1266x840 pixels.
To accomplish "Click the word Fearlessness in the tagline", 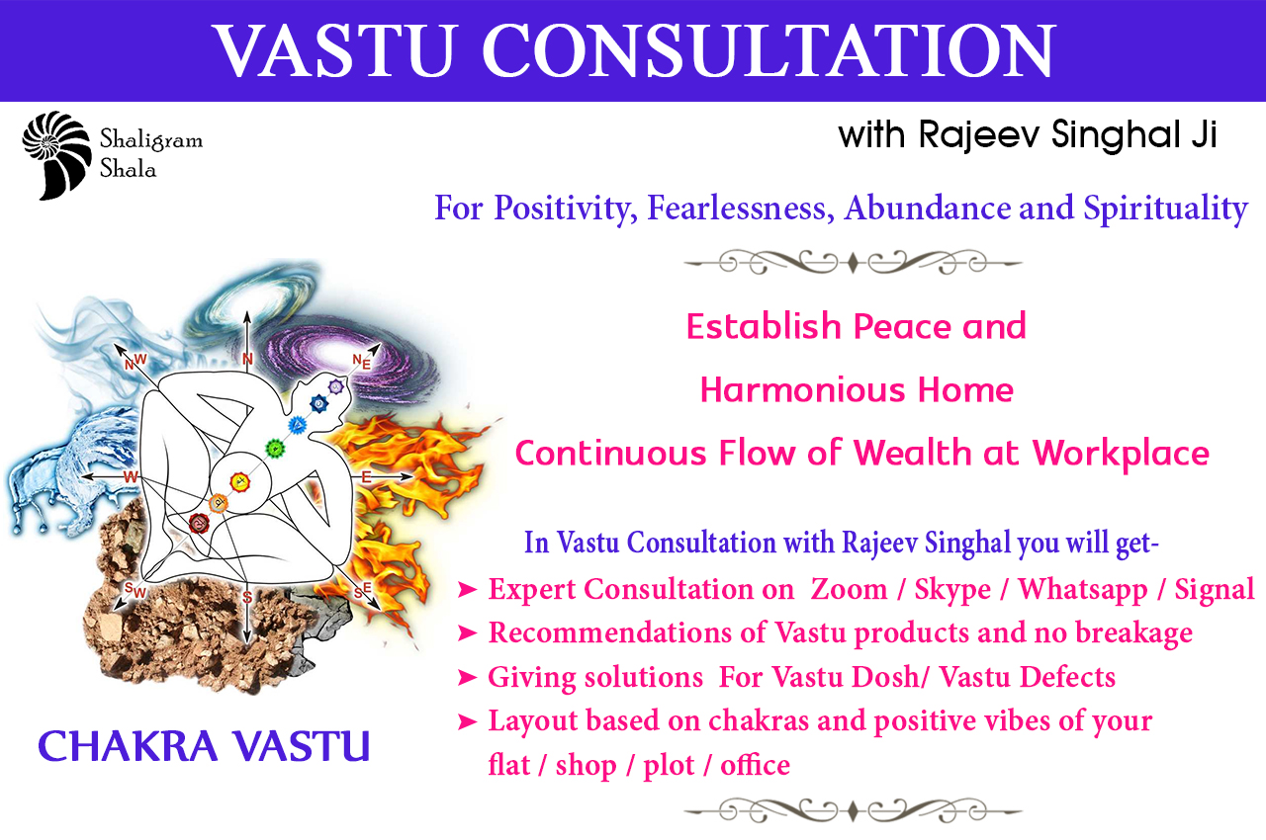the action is pyautogui.click(x=741, y=209).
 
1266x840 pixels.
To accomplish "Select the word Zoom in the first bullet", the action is pyautogui.click(x=849, y=589).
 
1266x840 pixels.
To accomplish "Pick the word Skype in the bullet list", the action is pyautogui.click(x=952, y=591).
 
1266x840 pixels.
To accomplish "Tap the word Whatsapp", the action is pyautogui.click(x=1083, y=591).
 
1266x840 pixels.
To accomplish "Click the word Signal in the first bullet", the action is pyautogui.click(x=1215, y=591).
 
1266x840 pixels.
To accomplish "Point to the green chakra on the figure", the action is pyautogui.click(x=275, y=449).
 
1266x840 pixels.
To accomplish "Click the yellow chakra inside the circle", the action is pyautogui.click(x=240, y=481).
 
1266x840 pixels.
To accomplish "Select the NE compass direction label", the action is pyautogui.click(x=362, y=362).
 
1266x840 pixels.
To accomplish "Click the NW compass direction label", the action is pyautogui.click(x=136, y=362).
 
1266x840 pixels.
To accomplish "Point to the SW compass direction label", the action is pyautogui.click(x=136, y=590).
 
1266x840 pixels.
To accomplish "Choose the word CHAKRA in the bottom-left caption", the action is pyautogui.click(x=128, y=746).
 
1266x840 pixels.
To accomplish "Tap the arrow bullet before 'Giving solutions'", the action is pyautogui.click(x=467, y=677).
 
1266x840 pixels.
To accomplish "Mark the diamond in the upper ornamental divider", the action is pyautogui.click(x=853, y=263).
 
